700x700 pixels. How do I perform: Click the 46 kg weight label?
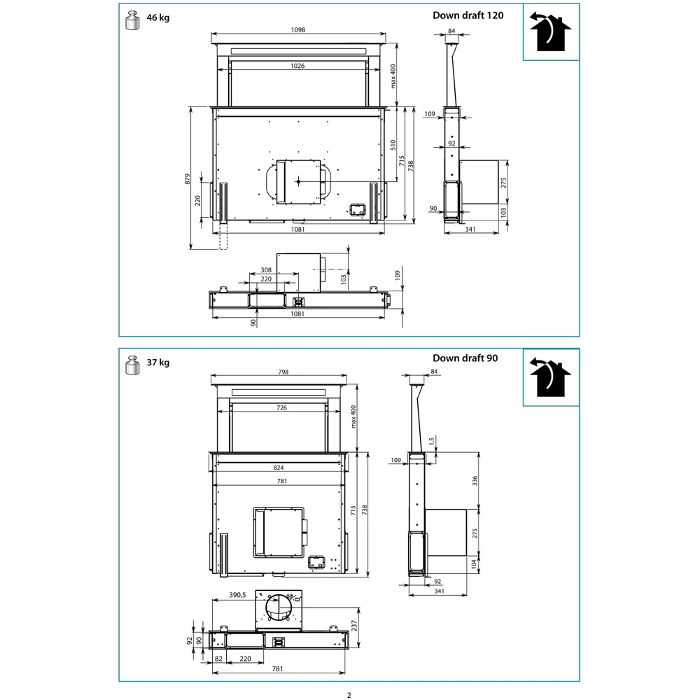click(157, 18)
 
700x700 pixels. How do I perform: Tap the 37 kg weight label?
click(157, 363)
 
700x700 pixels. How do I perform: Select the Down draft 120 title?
click(468, 15)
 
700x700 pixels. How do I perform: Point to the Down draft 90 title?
click(465, 358)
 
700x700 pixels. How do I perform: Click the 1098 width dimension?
click(299, 30)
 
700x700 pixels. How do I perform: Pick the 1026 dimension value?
click(299, 65)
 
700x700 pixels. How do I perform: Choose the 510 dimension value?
click(393, 144)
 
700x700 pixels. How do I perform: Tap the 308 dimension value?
click(266, 269)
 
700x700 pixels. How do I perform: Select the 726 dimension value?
click(281, 407)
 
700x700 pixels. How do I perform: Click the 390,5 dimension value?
click(237, 595)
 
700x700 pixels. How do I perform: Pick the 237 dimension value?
click(356, 624)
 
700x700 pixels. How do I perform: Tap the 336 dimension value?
click(475, 480)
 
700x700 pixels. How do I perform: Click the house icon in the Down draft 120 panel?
click(551, 32)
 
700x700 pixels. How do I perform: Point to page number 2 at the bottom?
click(349, 695)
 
